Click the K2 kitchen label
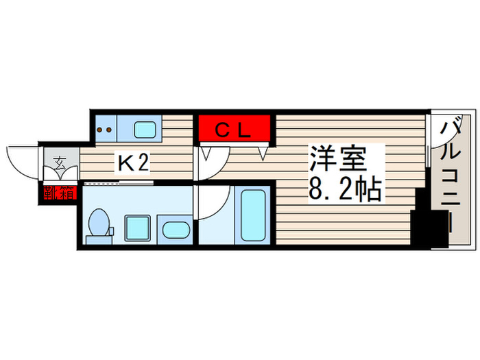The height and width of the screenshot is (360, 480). (134, 163)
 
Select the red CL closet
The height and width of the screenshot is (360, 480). (237, 128)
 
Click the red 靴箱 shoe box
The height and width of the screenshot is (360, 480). (59, 193)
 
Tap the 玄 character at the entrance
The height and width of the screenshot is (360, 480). (60, 163)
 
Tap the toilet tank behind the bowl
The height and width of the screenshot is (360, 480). (91, 239)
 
